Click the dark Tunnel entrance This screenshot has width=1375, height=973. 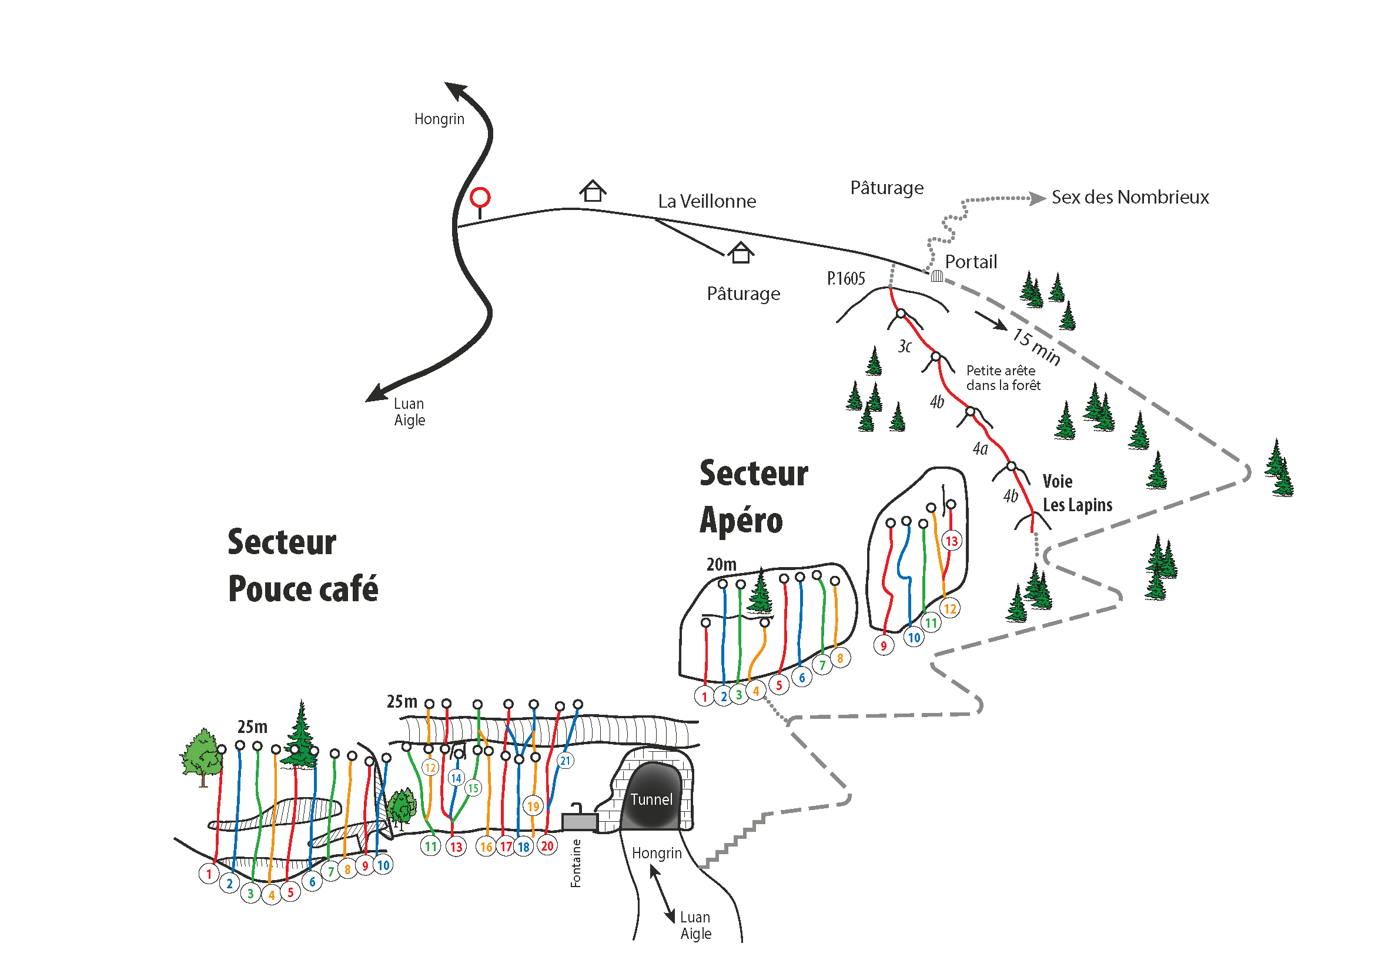651,797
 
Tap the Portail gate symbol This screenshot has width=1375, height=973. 937,276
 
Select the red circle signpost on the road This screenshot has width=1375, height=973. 480,197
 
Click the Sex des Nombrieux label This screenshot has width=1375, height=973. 1130,197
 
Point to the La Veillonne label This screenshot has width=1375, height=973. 707,201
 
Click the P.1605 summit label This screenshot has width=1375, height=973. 845,279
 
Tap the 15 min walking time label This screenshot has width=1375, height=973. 1036,346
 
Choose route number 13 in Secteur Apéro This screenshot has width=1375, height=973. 952,541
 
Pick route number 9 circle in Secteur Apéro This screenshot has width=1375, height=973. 884,646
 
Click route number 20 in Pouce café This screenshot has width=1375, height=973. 547,846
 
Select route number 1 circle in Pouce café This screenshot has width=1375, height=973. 209,874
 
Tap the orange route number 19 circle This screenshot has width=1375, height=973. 533,806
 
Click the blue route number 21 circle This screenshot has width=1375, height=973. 566,761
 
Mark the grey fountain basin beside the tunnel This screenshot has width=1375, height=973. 579,822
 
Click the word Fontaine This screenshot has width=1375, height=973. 576,864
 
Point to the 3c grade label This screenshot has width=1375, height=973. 904,346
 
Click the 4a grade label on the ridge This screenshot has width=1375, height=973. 981,448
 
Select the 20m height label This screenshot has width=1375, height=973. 721,564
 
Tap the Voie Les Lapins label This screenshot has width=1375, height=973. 1077,493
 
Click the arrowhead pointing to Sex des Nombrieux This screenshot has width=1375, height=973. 1038,198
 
